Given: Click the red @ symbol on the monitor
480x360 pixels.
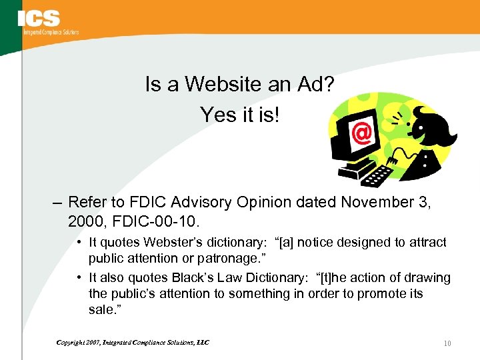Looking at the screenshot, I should pyautogui.click(x=361, y=134).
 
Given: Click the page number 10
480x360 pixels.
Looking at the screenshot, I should pyautogui.click(x=447, y=343).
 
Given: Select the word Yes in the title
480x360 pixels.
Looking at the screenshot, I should pyautogui.click(x=215, y=115).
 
